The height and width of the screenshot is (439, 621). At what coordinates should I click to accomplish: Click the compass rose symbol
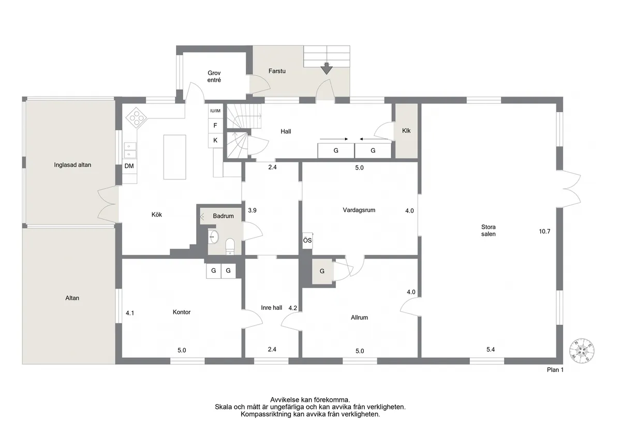coord(582,351)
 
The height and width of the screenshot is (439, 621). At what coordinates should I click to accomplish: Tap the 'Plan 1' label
coord(555,370)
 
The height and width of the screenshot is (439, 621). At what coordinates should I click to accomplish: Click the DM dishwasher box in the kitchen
coord(129,166)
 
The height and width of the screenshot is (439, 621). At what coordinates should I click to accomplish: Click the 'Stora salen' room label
coord(489,230)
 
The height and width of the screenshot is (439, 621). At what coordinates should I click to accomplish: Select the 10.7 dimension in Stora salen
coord(544,231)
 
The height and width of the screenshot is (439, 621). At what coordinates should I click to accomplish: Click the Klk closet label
coord(406,131)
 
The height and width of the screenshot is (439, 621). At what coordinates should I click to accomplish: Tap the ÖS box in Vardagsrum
coord(307,240)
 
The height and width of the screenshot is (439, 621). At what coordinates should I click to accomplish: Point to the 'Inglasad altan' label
coord(72,165)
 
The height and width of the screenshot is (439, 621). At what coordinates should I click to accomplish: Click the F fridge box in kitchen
coord(215,126)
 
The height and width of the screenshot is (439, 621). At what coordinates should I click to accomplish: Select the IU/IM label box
coord(215,111)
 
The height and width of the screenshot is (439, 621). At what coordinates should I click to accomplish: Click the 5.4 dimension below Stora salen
coord(491,350)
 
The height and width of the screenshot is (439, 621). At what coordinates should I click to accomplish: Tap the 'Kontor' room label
coord(182,312)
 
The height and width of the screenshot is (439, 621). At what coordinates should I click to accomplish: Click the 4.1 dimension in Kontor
coord(130,312)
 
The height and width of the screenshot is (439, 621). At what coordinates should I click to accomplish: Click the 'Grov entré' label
coord(214,77)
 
